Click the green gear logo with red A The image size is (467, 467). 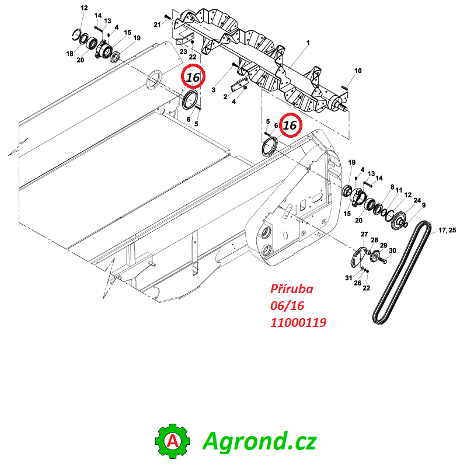(x=173, y=441)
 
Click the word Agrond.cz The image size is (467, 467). (x=259, y=441)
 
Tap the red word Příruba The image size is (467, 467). (x=291, y=290)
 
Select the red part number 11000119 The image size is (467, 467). (x=298, y=322)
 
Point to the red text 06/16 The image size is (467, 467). (x=287, y=306)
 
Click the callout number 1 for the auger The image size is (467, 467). (x=308, y=43)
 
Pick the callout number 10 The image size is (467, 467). (x=358, y=71)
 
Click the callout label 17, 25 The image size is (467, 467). (x=447, y=230)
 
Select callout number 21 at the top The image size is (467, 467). (x=157, y=25)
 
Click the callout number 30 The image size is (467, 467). (x=392, y=251)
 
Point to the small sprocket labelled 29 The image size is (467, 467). (x=374, y=256)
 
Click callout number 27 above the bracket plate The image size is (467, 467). (x=364, y=235)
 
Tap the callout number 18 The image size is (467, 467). (x=69, y=54)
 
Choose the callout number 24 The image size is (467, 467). (x=417, y=200)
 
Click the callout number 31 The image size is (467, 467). (x=348, y=278)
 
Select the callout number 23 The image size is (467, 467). (x=183, y=51)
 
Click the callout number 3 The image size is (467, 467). (x=213, y=90)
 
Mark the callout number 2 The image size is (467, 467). (x=225, y=96)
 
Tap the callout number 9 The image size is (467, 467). (x=424, y=205)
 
